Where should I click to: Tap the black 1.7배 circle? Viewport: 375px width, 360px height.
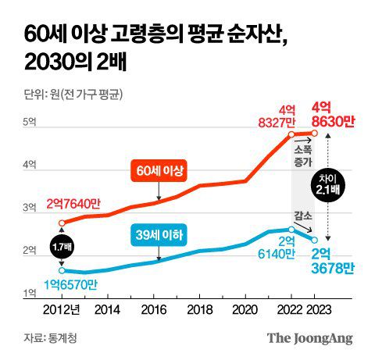62,246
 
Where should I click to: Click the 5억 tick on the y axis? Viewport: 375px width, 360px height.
29,122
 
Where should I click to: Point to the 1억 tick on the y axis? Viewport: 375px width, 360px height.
29,292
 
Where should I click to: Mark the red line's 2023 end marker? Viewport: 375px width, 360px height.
314,134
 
